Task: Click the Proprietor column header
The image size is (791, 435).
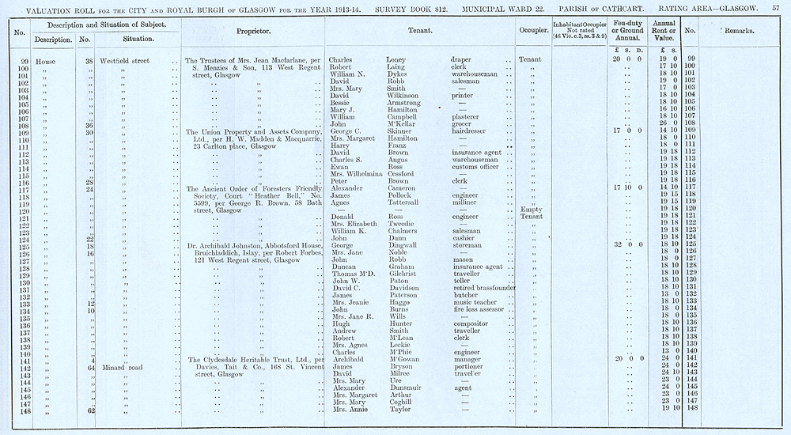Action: coord(254,31)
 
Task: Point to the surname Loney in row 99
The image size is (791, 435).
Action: coord(397,59)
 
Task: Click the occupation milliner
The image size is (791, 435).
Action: coord(466,202)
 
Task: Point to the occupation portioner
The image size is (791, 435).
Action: coord(470,367)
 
